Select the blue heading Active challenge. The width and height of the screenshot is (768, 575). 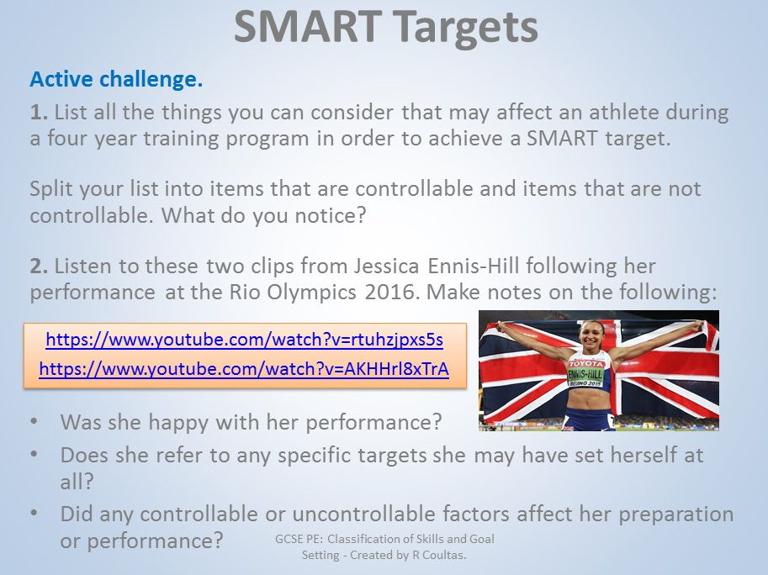117,79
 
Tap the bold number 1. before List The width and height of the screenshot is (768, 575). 39,113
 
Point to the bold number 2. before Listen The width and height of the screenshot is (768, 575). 39,266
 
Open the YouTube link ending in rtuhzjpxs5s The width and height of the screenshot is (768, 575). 245,340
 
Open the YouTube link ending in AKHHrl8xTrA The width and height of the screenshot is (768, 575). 244,369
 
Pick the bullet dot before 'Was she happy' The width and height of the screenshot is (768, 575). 34,421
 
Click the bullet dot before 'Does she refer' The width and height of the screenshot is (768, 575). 34,454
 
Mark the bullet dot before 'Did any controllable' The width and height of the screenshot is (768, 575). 34,513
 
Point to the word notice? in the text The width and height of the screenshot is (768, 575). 331,216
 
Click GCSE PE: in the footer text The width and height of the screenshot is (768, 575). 299,540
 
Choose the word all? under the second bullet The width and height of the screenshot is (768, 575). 77,482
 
